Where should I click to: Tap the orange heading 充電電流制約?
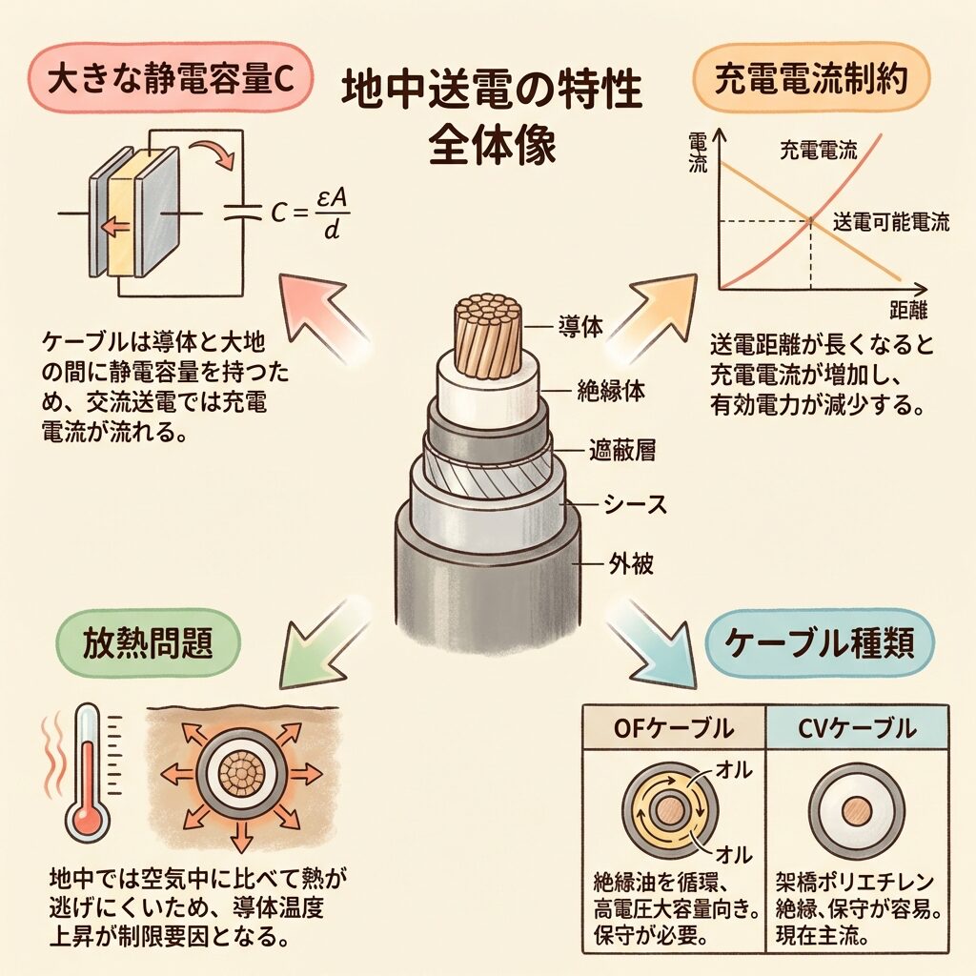tap(811, 78)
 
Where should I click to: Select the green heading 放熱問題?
tap(148, 642)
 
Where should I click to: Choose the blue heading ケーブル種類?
tap(820, 642)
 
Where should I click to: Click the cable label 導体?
tap(580, 326)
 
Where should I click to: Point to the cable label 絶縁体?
tap(611, 391)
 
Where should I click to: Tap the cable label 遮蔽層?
tap(621, 450)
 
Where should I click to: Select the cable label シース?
tap(635, 504)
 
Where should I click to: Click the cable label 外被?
tap(631, 563)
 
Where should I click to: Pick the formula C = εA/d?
tap(310, 213)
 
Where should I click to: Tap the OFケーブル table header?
tap(674, 727)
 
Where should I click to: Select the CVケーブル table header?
tap(857, 727)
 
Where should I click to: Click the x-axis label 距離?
tap(908, 310)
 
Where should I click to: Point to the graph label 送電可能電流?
tap(891, 221)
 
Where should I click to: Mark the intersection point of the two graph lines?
tap(810, 220)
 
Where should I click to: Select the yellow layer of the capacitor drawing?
tap(121, 212)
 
